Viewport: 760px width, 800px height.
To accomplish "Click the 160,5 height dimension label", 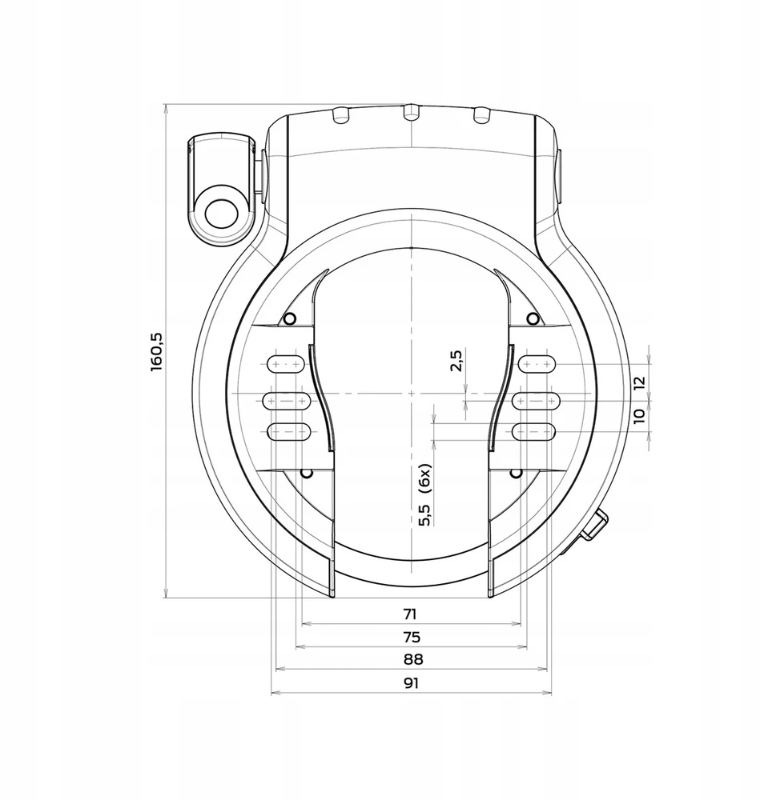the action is coord(157,352).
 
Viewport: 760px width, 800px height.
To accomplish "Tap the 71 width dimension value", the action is coord(410,614).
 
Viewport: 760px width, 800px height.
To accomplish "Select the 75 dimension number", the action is coord(412,638).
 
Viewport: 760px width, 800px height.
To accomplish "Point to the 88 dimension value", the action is coord(413,660).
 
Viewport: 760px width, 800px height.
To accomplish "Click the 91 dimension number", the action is coord(411,683).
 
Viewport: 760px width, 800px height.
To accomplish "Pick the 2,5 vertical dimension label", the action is coord(456,360).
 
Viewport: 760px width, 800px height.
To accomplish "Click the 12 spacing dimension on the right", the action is coord(639,382).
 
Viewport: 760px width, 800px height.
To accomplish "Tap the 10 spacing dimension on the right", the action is coord(639,416).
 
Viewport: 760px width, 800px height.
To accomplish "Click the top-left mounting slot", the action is coord(287,364).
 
